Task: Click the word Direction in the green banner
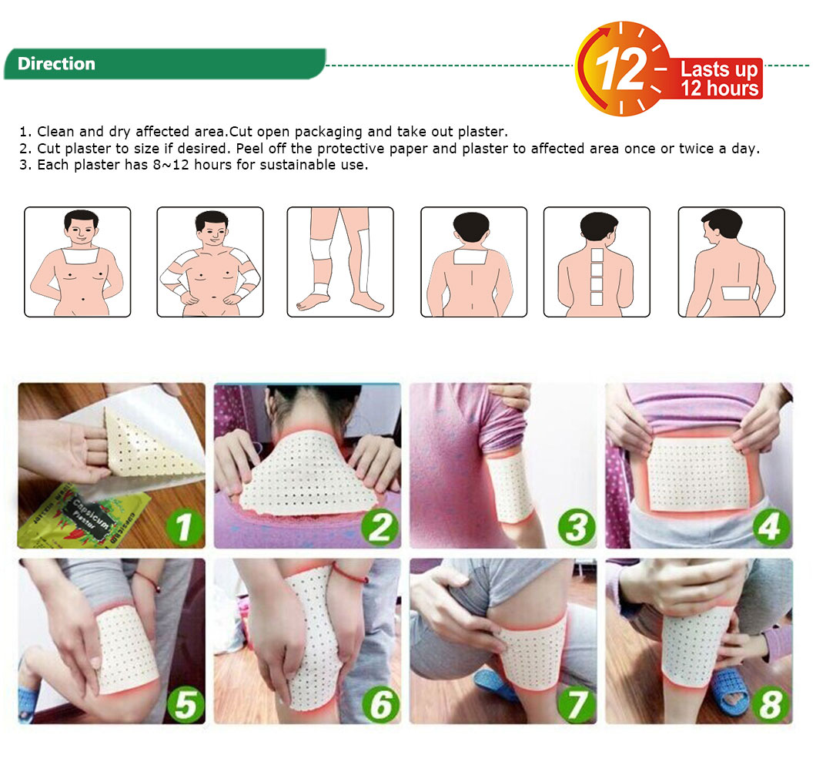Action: point(56,63)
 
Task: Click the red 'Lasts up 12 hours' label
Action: point(719,79)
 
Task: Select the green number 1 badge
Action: point(183,527)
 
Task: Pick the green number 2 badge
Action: point(379,527)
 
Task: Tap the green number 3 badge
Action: point(576,527)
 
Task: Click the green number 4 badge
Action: point(771,527)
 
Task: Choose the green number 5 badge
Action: point(185,704)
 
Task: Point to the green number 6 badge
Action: point(380,704)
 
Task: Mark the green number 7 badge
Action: point(576,704)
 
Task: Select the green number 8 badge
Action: point(771,704)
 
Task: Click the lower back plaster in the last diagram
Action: point(736,294)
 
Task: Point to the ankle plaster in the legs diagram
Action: point(321,287)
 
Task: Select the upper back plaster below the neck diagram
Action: point(470,257)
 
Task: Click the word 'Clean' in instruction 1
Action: point(55,131)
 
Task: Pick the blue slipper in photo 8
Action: point(731,691)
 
